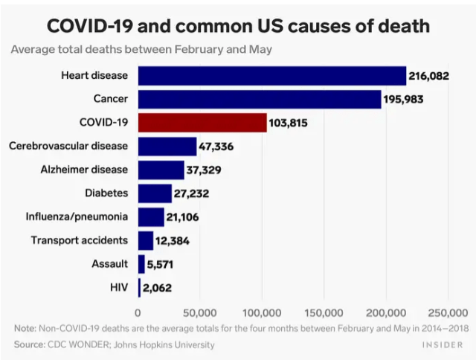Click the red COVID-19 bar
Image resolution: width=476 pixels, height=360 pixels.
tap(202, 123)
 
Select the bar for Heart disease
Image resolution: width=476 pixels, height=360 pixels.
tap(272, 76)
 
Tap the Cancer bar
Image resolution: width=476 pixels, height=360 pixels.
tap(260, 99)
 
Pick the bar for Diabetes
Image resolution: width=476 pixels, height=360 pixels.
tap(155, 193)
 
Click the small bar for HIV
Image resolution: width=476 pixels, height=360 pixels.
tap(139, 287)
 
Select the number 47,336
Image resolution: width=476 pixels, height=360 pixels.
tap(216, 147)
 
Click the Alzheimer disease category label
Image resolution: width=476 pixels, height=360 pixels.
tap(84, 170)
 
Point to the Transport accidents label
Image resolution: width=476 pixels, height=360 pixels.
tap(80, 240)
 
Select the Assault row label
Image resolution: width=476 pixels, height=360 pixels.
tap(109, 263)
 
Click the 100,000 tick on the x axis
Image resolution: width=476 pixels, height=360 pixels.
tap(262, 312)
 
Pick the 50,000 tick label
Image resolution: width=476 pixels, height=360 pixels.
tap(199, 312)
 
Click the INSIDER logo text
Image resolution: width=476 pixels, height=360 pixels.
tap(444, 345)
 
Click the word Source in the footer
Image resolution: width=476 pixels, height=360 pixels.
tap(30, 344)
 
